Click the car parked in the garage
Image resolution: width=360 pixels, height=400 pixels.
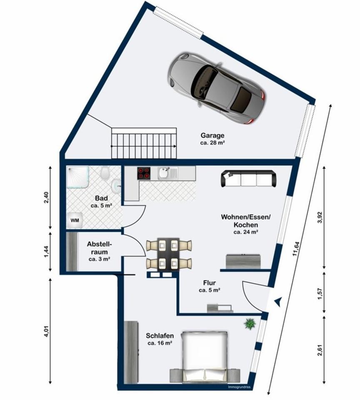pos(217,88)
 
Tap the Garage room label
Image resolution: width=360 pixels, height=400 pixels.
pos(212,135)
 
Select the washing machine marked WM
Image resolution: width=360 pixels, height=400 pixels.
pos(75,220)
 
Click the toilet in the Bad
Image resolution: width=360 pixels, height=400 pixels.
pos(105,172)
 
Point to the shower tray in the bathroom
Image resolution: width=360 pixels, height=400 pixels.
pos(78,177)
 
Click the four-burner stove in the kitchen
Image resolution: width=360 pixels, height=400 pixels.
pos(144,173)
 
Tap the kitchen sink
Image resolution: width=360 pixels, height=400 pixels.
pos(167,173)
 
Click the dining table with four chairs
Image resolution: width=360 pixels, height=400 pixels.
pos(169,255)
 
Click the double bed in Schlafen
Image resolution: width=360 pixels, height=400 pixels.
pos(204,357)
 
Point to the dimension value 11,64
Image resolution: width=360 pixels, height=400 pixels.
pos(297,249)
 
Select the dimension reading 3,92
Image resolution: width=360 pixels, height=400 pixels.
pos(321,217)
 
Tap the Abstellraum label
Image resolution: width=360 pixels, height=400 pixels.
pos(100,247)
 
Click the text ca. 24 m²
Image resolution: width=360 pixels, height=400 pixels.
pos(246,232)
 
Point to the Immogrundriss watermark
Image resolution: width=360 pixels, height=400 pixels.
pos(239,387)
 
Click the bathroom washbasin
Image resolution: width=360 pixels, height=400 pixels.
pos(116,185)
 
